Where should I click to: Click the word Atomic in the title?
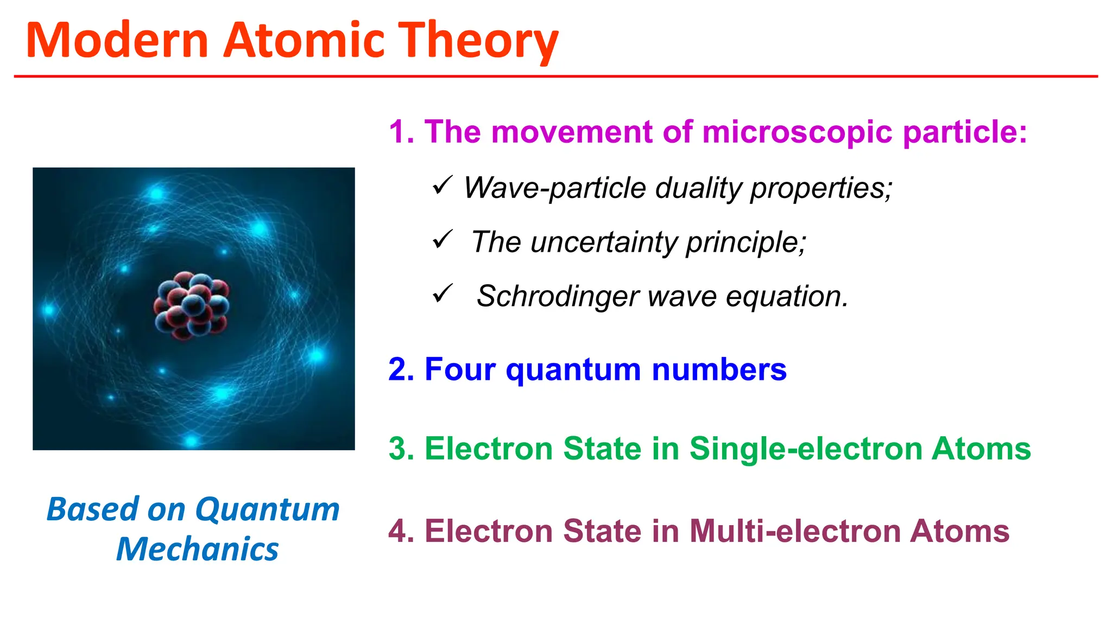[305, 40]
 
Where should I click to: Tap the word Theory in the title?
[478, 41]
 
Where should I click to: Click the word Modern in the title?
[117, 40]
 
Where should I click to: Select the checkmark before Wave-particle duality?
[443, 186]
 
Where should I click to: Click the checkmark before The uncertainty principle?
[443, 239]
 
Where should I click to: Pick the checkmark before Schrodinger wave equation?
[443, 294]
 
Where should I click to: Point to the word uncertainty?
[603, 242]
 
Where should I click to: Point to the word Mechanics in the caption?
[197, 549]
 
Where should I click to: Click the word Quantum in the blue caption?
[267, 510]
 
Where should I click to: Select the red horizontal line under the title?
[556, 76]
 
